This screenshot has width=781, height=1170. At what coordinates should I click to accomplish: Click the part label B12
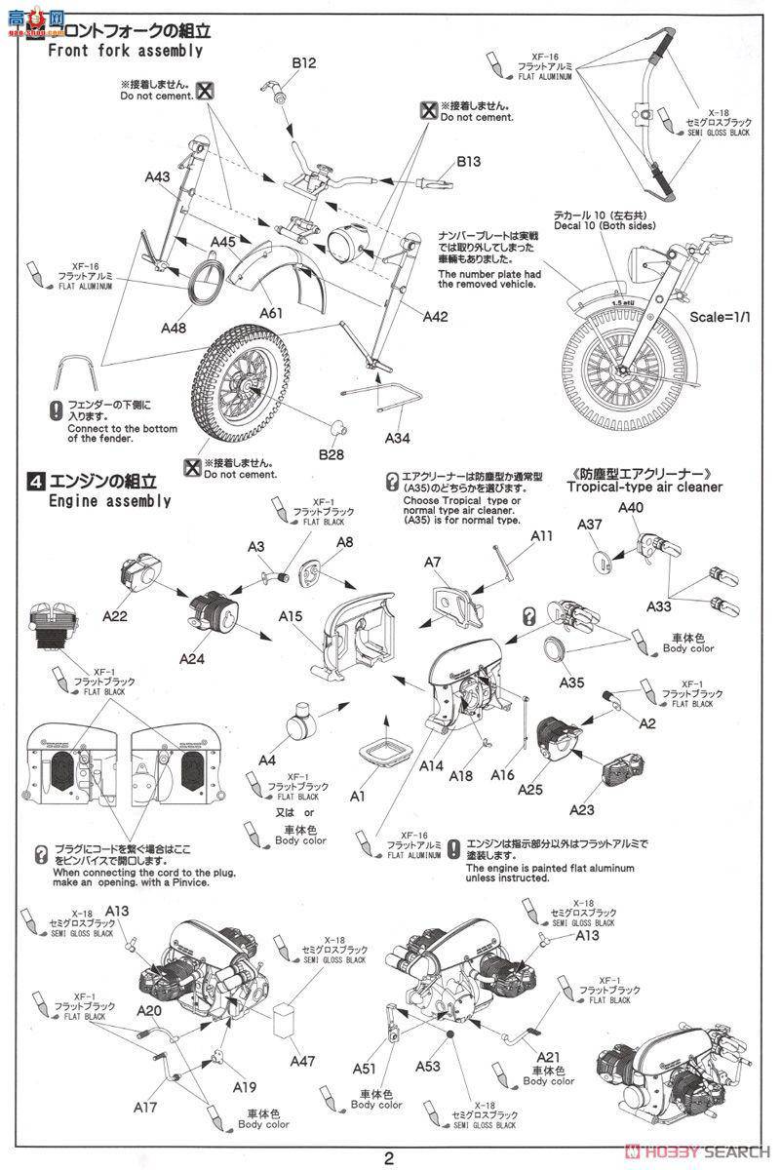point(304,62)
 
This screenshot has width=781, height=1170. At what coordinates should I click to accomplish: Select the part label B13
point(469,162)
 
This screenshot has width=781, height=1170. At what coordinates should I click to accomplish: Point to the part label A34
point(397,438)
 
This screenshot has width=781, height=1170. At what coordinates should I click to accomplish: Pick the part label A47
point(302,1059)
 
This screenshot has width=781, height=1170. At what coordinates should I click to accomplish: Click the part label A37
point(591,525)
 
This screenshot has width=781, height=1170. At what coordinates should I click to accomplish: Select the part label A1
point(358,797)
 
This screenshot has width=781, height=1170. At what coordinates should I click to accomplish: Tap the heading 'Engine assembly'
point(109,501)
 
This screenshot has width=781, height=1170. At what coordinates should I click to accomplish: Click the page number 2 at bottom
point(389,1158)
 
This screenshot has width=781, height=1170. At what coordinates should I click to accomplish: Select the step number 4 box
point(35,482)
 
